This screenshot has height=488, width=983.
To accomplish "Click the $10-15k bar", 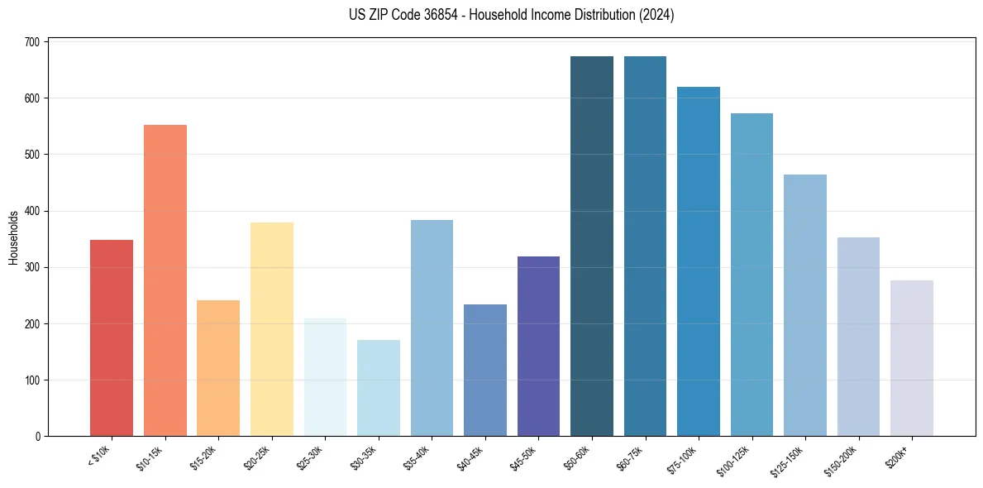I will (165, 280).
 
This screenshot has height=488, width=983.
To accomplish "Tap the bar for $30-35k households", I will (379, 388).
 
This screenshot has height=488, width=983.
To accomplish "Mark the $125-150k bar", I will (805, 305).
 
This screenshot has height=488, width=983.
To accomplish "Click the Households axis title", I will (14, 237).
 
